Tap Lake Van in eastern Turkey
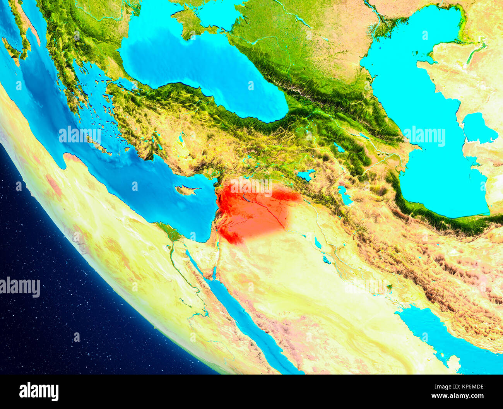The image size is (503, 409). click(306, 175)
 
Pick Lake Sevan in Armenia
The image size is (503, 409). click(339, 148)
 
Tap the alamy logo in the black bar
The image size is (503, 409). click(39, 391)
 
